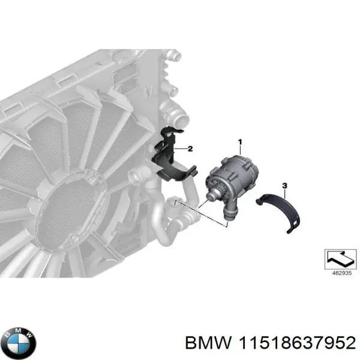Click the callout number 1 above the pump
tap(240, 142)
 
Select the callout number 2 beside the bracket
tap(190, 148)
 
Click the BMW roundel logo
tap(19, 341)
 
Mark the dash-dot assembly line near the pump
tap(201, 213)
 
